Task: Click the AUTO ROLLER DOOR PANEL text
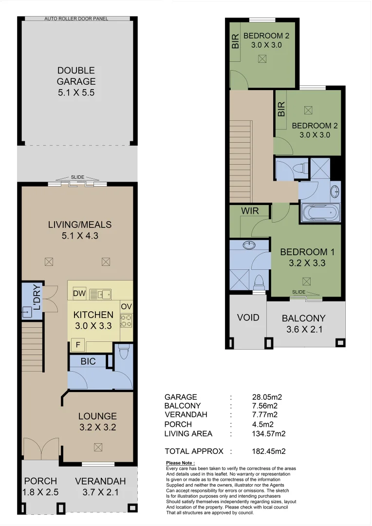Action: [76, 19]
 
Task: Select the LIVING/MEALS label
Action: [79, 230]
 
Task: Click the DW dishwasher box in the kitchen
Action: [79, 294]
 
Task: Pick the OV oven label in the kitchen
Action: [126, 306]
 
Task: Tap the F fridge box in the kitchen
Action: [76, 345]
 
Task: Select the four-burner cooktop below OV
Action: [126, 321]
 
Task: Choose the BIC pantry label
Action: [88, 361]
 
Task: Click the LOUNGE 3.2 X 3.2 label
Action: [98, 422]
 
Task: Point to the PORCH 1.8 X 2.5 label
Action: [40, 487]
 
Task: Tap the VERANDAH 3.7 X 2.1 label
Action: [100, 487]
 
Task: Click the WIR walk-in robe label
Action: [250, 211]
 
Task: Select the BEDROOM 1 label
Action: [307, 257]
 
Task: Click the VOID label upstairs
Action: [248, 318]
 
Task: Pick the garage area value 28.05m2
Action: [265, 397]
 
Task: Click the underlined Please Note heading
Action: [180, 463]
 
